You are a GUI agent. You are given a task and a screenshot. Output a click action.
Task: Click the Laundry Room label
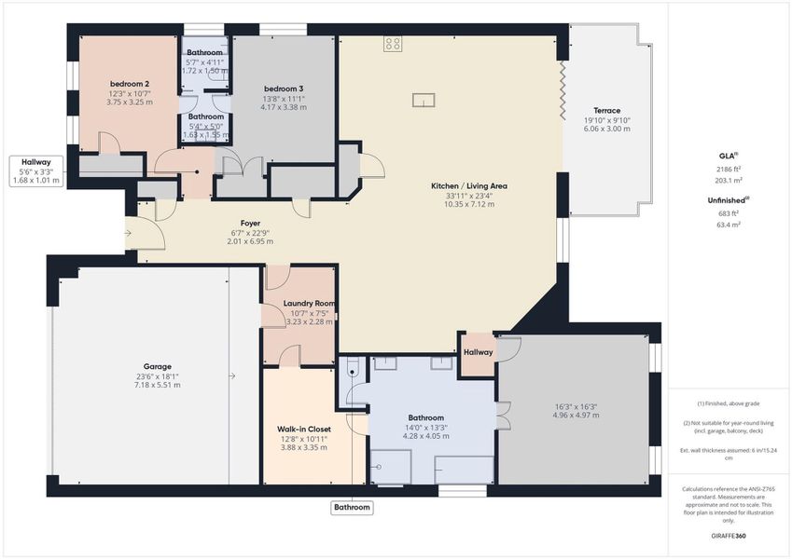tap(309, 304)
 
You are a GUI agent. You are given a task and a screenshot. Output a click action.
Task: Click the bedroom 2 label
tap(129, 84)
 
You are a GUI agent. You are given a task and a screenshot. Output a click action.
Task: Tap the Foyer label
tap(250, 223)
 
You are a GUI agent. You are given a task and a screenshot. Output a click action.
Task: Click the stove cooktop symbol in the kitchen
tap(393, 44)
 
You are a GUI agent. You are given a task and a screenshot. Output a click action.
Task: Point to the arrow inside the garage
tap(230, 375)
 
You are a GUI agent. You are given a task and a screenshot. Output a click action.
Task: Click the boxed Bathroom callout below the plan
tap(353, 508)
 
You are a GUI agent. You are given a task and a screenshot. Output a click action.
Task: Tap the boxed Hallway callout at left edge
tap(35, 162)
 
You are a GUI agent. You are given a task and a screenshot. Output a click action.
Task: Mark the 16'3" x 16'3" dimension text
tap(572, 407)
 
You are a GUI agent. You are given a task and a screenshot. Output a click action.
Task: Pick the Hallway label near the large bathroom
tap(478, 352)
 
